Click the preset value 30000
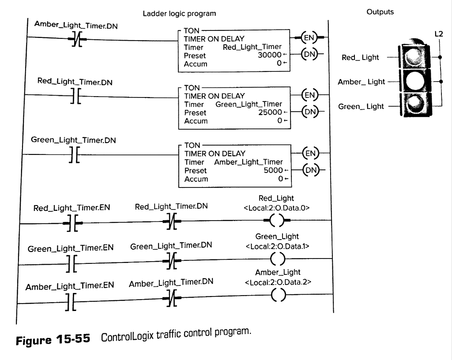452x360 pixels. click(270, 55)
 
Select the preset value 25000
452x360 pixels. click(270, 112)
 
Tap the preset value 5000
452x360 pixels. click(273, 170)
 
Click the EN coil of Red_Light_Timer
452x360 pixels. click(309, 37)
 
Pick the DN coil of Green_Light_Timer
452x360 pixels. click(310, 112)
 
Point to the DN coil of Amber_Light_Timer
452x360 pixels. click(311, 170)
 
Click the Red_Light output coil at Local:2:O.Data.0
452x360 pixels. click(277, 220)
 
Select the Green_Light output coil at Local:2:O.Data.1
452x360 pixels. click(278, 259)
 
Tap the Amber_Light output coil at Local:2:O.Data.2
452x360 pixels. click(279, 295)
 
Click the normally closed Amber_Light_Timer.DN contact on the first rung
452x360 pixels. click(77, 39)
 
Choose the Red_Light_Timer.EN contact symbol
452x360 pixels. click(73, 223)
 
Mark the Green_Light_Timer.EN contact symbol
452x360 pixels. click(72, 263)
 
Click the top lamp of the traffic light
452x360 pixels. click(414, 56)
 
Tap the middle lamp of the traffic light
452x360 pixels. click(414, 81)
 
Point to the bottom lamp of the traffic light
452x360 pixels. click(414, 104)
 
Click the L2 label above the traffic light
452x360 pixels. click(438, 34)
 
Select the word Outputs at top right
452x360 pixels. click(380, 12)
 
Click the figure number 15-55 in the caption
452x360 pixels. click(73, 339)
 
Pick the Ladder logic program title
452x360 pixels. click(179, 14)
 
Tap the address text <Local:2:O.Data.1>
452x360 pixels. click(277, 246)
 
